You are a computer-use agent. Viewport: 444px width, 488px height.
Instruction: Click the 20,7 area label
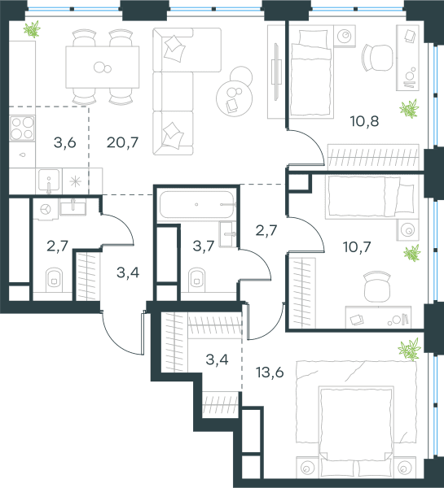122,142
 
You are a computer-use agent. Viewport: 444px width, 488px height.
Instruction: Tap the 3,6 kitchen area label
65,142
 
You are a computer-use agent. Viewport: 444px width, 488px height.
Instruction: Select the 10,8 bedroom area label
364,121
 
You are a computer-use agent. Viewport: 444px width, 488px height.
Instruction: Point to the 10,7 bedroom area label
357,247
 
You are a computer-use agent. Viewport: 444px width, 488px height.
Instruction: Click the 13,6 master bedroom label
270,372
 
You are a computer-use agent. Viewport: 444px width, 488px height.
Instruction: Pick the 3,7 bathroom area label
204,246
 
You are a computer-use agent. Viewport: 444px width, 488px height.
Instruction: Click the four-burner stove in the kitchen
22,129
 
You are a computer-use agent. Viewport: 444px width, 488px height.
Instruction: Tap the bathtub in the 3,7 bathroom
196,204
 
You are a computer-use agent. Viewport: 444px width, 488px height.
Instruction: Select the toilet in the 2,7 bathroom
54,280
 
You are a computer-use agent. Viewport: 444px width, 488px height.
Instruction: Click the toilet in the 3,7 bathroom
197,280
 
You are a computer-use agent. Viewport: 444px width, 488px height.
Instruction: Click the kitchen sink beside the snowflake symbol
49,181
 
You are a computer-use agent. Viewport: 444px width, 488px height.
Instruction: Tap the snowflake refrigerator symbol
76,181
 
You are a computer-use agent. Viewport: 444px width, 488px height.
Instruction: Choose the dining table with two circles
103,67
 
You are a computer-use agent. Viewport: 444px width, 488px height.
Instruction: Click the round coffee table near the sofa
234,98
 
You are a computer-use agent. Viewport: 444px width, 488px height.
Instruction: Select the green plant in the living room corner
32,29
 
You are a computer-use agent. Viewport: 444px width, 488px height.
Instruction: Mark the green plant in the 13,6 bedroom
409,350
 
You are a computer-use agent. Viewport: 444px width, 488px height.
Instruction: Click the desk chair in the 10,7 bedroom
377,286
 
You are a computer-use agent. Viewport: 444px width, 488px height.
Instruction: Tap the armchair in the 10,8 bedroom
377,58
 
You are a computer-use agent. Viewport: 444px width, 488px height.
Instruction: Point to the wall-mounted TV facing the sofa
275,72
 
